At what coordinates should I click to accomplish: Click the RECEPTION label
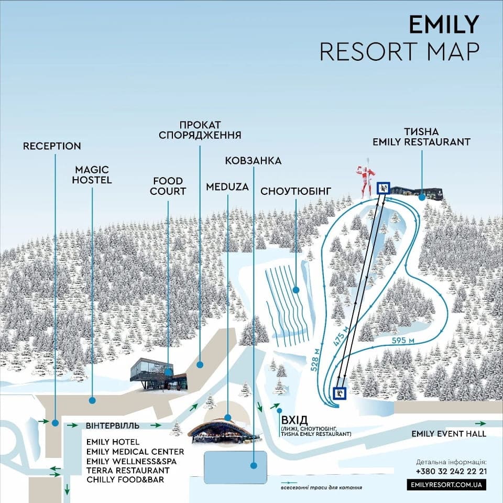[52, 146]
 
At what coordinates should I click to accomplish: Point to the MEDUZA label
[227, 187]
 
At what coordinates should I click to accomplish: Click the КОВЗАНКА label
[253, 161]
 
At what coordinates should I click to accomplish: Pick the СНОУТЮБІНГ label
[296, 191]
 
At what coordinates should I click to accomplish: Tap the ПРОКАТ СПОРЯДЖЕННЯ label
[200, 130]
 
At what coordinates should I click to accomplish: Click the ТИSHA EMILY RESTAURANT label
[421, 136]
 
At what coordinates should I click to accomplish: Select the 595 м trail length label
[403, 341]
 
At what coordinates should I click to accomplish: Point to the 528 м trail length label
[315, 358]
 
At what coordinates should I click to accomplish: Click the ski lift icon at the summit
[383, 188]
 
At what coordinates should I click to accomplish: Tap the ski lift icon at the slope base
[340, 393]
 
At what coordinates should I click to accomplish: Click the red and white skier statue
[366, 178]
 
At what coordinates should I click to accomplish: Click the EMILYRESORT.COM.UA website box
[446, 485]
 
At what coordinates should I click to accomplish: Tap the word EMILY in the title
[443, 24]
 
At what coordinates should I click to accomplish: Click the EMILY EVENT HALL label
[449, 433]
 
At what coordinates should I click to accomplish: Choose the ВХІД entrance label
[294, 421]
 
